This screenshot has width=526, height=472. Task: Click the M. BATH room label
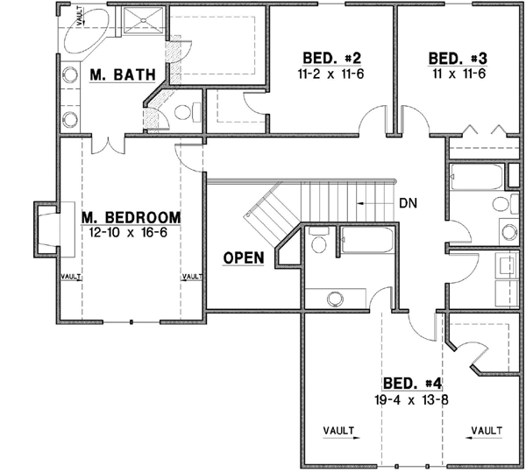click(x=123, y=77)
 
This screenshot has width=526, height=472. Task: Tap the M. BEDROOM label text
click(x=131, y=217)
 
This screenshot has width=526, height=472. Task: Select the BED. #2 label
click(x=331, y=59)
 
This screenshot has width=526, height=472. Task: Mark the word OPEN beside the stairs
click(x=245, y=258)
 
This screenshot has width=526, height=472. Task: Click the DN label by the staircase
click(x=408, y=202)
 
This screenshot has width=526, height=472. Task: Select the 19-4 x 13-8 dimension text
click(x=412, y=399)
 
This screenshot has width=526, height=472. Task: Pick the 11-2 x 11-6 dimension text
click(x=331, y=74)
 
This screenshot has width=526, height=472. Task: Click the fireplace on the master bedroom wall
click(x=46, y=230)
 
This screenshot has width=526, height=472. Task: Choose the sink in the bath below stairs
click(x=334, y=299)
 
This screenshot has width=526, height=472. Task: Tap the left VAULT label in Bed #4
click(x=338, y=430)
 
